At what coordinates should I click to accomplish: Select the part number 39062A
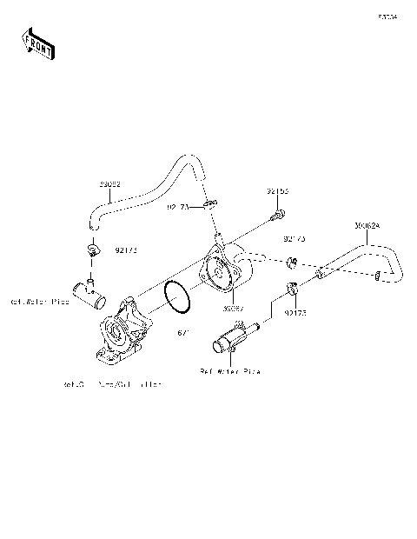[367, 225]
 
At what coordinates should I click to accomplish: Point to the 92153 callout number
[277, 190]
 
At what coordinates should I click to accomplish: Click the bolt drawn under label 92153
[278, 212]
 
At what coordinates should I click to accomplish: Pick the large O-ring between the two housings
[177, 297]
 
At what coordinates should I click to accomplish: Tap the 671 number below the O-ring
[183, 333]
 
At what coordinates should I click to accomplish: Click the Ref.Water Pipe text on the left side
[39, 302]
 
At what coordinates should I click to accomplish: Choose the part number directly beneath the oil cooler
[233, 307]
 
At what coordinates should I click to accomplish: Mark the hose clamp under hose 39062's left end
[89, 250]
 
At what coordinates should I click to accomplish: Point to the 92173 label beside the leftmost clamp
[126, 250]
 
